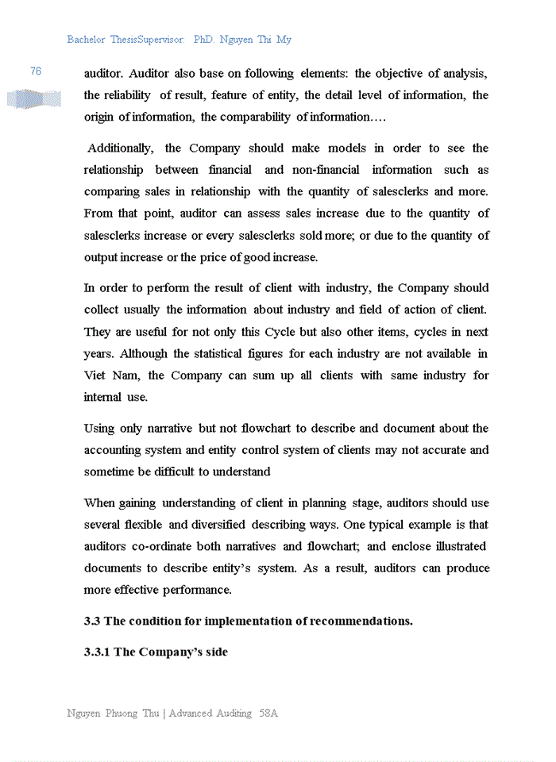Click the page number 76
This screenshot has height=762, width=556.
click(x=36, y=71)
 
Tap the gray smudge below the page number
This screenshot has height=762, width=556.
click(x=34, y=99)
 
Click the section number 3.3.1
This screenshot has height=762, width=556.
click(x=97, y=652)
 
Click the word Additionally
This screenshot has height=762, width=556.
click(x=122, y=148)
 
